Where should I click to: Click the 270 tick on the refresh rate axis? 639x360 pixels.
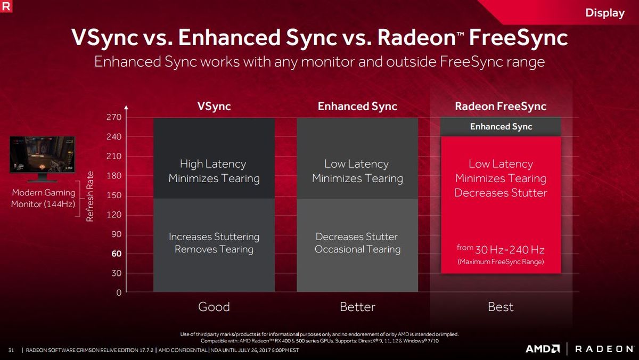coord(114,117)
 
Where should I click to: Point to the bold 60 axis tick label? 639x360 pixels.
coord(117,253)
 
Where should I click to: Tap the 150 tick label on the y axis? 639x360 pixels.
coord(114,195)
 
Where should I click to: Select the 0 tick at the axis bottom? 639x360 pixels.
coord(119,293)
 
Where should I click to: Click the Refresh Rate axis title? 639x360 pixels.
coord(90,197)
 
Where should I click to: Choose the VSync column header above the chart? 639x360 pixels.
coord(214,107)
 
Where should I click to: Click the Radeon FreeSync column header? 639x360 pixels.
coord(501,107)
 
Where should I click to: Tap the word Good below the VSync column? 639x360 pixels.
coord(214,307)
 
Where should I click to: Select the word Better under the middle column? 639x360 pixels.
coord(357,307)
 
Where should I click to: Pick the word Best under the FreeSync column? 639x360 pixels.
coord(501,307)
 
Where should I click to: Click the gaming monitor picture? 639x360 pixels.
coord(42,159)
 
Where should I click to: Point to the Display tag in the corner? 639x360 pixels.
coord(605,13)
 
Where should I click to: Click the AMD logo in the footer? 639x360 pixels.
coord(542,349)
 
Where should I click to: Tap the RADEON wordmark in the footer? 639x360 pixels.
coord(604,349)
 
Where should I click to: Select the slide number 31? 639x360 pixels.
coord(11,350)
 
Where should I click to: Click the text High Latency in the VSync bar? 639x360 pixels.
coord(213,164)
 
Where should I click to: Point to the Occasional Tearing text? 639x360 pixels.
coord(357,249)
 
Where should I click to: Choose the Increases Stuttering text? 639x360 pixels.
coord(214,237)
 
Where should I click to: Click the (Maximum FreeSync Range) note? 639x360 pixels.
coord(501,261)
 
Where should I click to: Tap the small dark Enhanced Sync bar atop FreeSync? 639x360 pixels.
coord(501,127)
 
